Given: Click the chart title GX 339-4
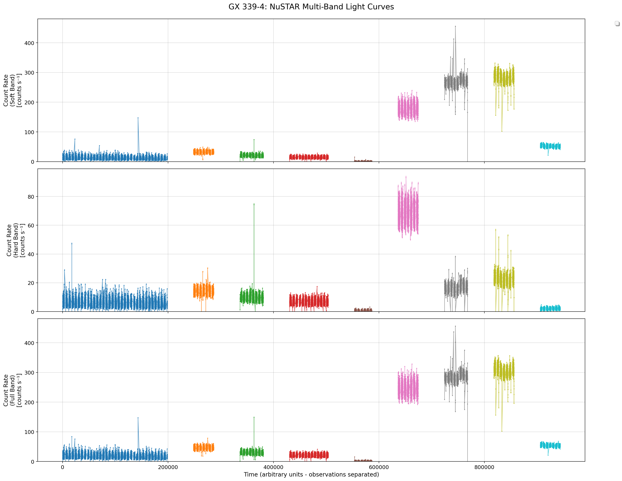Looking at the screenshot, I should click(x=311, y=7).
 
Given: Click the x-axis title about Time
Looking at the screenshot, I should click(x=311, y=474).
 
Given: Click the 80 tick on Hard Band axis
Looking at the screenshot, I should click(x=31, y=197).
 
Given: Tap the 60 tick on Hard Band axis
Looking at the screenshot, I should click(x=31, y=226).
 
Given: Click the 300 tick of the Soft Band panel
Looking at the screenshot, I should click(x=29, y=73).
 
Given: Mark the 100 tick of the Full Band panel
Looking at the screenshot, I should click(x=29, y=432).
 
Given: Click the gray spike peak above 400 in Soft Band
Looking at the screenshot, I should click(x=455, y=26).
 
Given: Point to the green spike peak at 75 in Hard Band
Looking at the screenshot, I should click(x=254, y=204).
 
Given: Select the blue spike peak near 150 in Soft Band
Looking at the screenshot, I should click(x=138, y=118).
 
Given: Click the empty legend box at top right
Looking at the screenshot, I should click(x=617, y=23).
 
